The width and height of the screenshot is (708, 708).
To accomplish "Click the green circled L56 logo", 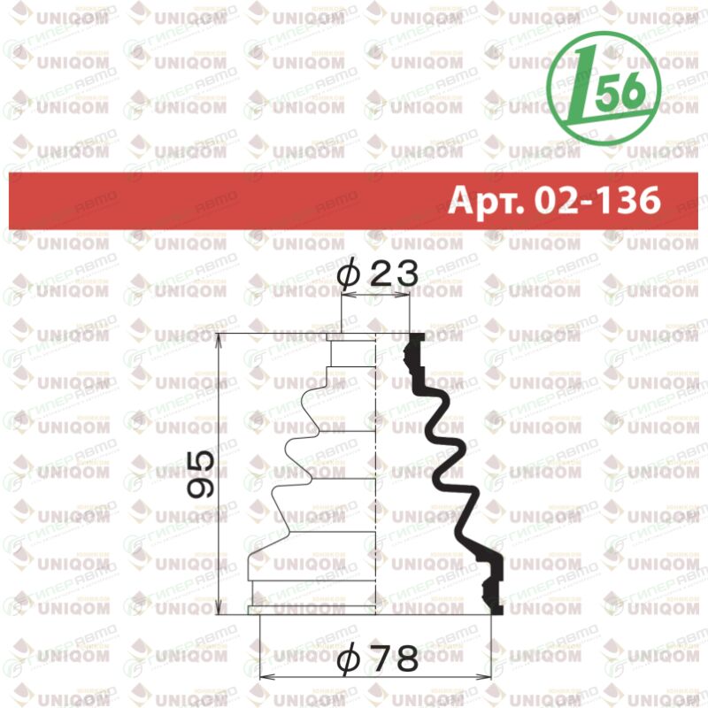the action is coord(604,88).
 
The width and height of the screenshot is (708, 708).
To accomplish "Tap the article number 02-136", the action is coord(597,200).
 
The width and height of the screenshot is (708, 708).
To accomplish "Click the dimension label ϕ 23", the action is coord(378,273).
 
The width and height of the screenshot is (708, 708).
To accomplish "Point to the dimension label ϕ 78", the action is coord(378,658).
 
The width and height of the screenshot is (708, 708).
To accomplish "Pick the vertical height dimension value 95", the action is coord(200,473).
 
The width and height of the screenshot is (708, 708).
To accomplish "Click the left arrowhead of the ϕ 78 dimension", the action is coord(267,676).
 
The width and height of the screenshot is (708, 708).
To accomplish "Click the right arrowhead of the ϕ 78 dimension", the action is coord(484,676).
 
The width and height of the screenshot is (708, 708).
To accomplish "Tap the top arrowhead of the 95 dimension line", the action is coord(219,341).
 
